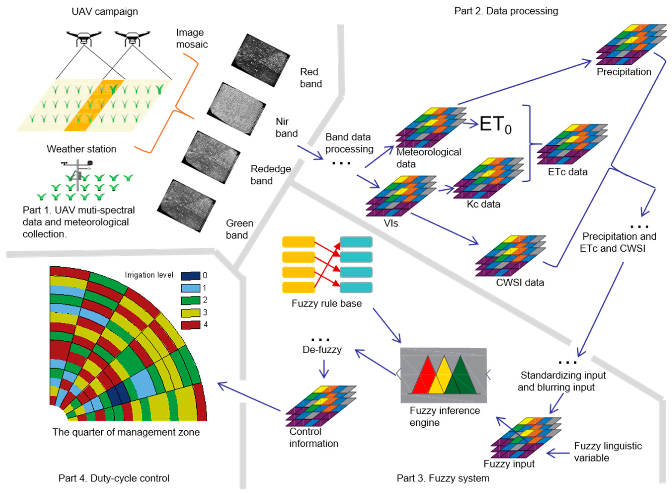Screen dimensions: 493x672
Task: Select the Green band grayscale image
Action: point(186,205)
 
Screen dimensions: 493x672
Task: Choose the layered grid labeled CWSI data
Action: point(510,256)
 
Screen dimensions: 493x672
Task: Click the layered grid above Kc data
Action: point(488,178)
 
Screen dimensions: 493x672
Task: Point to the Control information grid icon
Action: point(321,406)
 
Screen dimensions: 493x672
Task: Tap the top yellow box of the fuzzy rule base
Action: point(298,242)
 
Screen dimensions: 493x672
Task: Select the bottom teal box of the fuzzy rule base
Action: point(356,288)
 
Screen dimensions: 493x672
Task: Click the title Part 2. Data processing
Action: point(506,11)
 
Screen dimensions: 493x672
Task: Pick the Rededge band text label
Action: point(270,175)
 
